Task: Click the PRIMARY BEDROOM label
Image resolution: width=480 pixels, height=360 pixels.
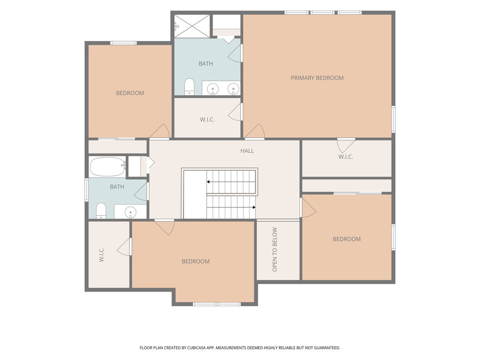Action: click(317, 78)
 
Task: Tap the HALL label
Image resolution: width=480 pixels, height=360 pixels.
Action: click(247, 151)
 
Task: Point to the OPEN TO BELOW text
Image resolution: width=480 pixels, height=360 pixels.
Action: click(275, 249)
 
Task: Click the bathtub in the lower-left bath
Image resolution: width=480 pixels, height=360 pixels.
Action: click(107, 166)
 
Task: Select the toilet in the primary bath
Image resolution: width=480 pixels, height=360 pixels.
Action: click(189, 86)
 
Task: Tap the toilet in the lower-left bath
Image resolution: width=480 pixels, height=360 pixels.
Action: click(101, 211)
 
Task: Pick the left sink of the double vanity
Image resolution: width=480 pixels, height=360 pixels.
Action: click(212, 89)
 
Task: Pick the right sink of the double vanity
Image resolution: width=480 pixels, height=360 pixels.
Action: click(233, 89)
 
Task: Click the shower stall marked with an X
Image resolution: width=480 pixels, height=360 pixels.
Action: click(192, 26)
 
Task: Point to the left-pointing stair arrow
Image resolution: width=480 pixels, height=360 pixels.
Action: click(231, 182)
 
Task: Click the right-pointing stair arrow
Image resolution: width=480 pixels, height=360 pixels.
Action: click(231, 207)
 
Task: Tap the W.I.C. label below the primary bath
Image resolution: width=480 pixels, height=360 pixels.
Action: click(207, 120)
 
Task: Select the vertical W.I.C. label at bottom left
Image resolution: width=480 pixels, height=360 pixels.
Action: click(101, 254)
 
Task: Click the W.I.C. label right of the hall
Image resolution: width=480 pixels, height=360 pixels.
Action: click(346, 157)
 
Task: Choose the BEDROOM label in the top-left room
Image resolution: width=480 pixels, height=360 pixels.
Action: click(130, 93)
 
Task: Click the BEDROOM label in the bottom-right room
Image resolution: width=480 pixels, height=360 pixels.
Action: click(347, 239)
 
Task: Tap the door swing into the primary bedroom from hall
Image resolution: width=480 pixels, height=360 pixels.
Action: click(255, 131)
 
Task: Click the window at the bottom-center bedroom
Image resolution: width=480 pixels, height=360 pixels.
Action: click(217, 304)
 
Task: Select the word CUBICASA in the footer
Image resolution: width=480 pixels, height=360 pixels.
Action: click(196, 348)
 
